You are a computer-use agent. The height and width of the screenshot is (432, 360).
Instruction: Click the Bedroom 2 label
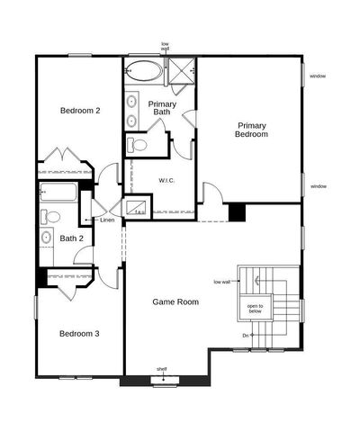pos(79,111)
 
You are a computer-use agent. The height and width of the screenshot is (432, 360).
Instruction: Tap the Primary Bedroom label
pos(252,130)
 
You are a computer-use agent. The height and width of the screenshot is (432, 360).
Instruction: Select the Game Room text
pos(175,301)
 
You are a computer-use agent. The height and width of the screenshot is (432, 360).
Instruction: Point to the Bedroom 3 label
pos(79,333)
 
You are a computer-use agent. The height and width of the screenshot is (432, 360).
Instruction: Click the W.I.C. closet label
pos(166,180)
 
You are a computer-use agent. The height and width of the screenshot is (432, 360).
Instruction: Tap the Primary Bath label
pos(162,108)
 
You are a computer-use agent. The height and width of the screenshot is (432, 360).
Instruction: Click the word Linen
pos(107,220)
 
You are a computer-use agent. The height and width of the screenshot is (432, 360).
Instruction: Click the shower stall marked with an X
pos(184,69)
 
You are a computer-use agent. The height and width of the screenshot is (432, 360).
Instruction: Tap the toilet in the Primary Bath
pos(139,144)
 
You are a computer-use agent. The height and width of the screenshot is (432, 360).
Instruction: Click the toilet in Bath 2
pos(50,216)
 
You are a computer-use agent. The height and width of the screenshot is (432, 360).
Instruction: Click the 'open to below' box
pos(256,309)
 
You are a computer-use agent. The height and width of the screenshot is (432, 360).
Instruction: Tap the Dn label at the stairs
pos(245,336)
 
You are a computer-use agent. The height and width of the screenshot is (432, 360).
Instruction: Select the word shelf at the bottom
pos(161,369)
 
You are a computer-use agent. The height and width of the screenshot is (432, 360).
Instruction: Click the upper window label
pos(318,76)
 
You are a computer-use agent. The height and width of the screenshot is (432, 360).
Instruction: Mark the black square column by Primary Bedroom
pos(237,211)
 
